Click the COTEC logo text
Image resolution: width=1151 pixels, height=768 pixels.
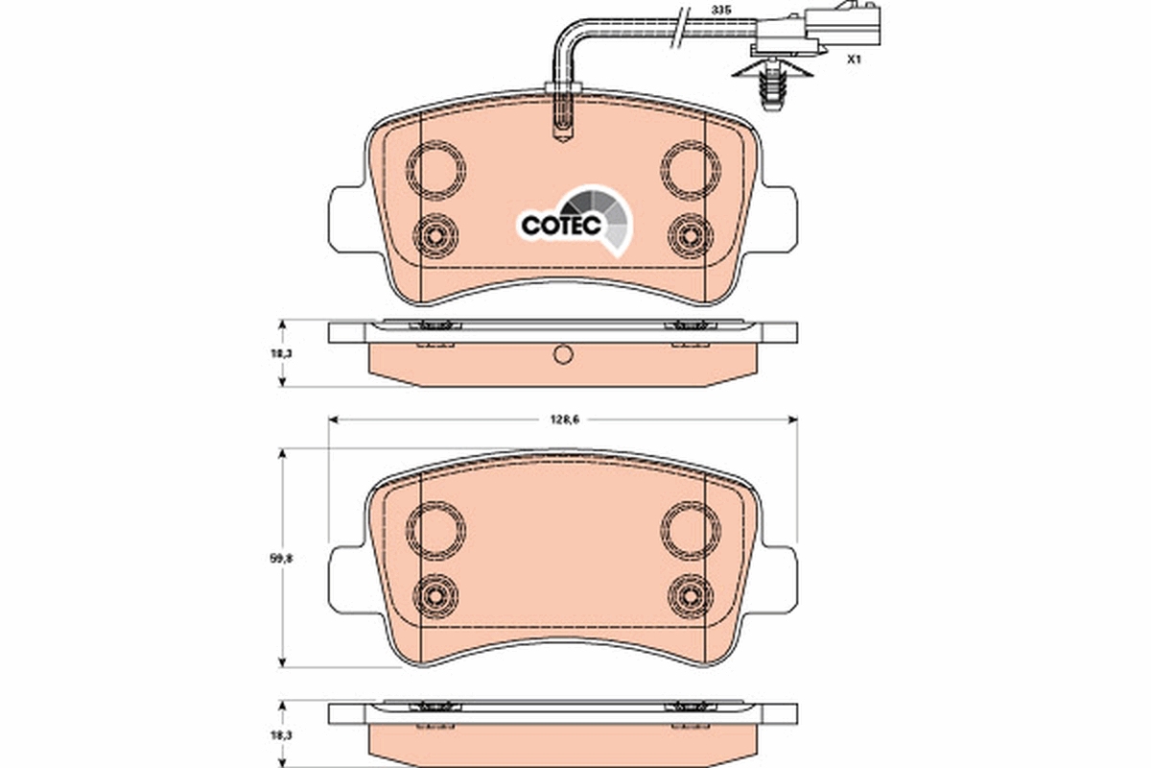[561, 225]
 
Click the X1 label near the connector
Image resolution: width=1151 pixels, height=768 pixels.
[853, 60]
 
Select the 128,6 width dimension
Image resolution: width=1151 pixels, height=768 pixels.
[562, 420]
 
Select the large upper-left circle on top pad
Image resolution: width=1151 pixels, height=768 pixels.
[438, 170]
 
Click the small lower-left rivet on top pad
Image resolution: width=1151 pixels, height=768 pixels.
[437, 233]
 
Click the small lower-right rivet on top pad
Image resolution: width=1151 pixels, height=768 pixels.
[690, 233]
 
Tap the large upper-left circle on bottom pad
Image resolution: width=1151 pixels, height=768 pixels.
[437, 528]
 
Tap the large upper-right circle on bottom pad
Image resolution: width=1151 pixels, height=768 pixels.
[691, 528]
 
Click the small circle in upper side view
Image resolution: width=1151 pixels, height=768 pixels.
[564, 355]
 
